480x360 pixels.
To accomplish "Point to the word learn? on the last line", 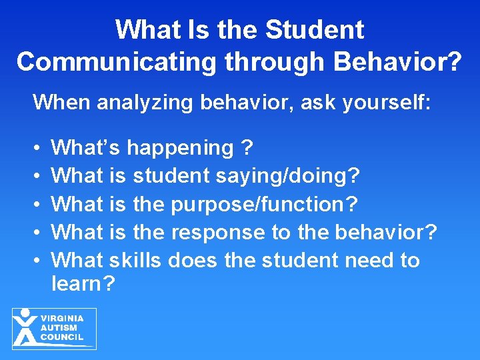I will click(83, 284).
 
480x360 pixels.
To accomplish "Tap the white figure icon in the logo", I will click(25, 327).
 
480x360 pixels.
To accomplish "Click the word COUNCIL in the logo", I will click(62, 337).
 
